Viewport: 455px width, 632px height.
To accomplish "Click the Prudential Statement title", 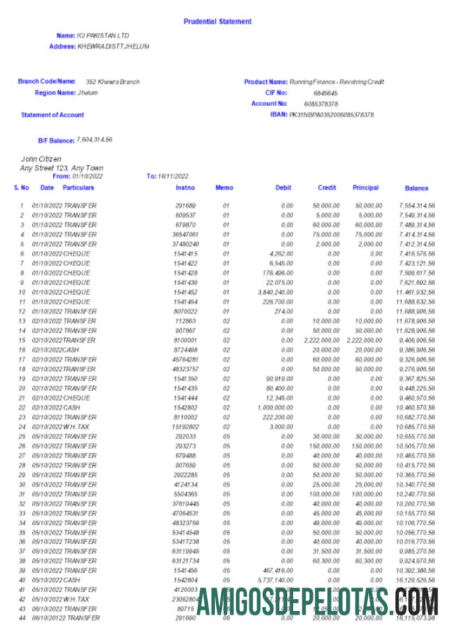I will coord(217,22).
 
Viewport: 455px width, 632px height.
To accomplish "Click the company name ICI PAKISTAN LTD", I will coord(103,35).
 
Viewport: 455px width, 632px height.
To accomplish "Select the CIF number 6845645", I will coord(325,92).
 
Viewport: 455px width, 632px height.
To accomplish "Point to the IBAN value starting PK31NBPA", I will coord(331,114).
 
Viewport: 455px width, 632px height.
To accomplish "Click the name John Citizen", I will coord(41,159).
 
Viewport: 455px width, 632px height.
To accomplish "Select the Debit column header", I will coord(283,188).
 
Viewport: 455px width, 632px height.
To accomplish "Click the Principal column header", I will coord(366,188).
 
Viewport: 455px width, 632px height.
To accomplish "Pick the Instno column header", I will coord(186,188).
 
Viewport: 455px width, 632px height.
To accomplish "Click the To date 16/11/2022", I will coord(173,176).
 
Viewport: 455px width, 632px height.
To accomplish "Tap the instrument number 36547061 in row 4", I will coord(184,235).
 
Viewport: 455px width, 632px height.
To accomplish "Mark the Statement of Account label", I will coord(52,115).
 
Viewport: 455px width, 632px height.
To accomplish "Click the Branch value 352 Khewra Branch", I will coord(112,82).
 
